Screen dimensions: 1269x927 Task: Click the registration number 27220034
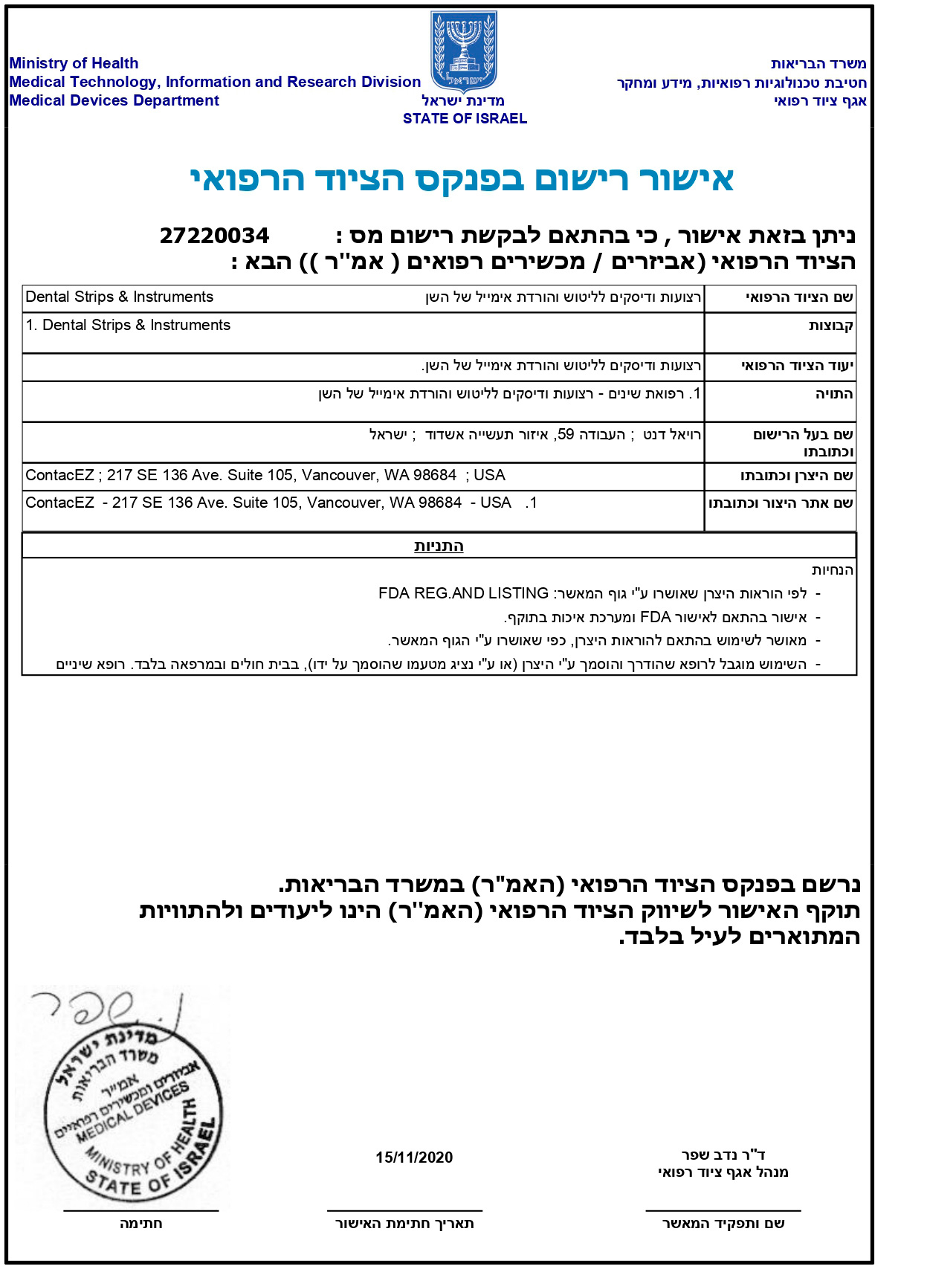pyautogui.click(x=214, y=236)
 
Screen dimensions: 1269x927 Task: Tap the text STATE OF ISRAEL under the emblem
pyautogui.click(x=465, y=118)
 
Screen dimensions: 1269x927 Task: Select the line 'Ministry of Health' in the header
pyautogui.click(x=74, y=63)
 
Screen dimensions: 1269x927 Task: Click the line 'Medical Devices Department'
pyautogui.click(x=114, y=100)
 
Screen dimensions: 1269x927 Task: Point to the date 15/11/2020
pyautogui.click(x=414, y=1157)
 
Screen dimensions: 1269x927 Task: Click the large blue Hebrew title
pyautogui.click(x=462, y=179)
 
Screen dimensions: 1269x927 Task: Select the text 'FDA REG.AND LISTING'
pyautogui.click(x=463, y=593)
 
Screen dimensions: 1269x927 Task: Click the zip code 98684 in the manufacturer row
pyautogui.click(x=433, y=475)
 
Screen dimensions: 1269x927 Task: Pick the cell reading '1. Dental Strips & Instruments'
pyautogui.click(x=128, y=325)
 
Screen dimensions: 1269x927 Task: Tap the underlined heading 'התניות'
pyautogui.click(x=439, y=546)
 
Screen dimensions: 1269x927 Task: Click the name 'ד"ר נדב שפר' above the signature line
pyautogui.click(x=723, y=1155)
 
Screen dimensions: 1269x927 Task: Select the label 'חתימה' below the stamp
pyautogui.click(x=140, y=1224)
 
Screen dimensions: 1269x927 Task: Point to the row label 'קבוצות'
pyautogui.click(x=830, y=326)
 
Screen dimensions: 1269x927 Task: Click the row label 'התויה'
pyautogui.click(x=834, y=394)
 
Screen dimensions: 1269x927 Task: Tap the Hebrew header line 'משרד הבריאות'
pyautogui.click(x=818, y=64)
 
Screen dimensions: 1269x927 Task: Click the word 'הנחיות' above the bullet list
pyautogui.click(x=833, y=570)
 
